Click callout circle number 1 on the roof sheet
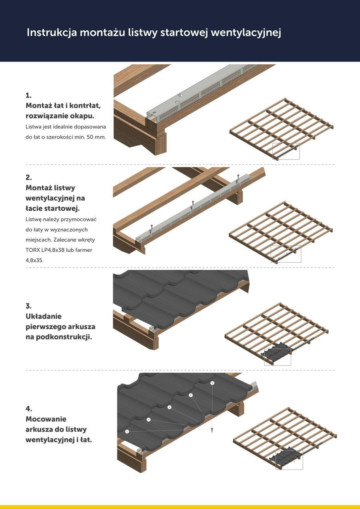tap(127, 431)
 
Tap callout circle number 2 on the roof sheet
tap(149, 420)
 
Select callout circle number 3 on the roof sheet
tap(169, 407)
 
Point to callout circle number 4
tap(191, 395)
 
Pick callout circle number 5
tap(212, 383)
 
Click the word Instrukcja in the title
tap(52, 33)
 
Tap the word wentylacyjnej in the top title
tap(246, 33)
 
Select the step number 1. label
tap(28, 96)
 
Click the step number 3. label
tap(28, 306)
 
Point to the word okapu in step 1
tap(82, 116)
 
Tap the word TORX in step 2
tap(32, 250)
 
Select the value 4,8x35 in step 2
tap(34, 260)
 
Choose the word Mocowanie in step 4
tap(46, 419)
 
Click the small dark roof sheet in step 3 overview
tap(278, 352)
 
